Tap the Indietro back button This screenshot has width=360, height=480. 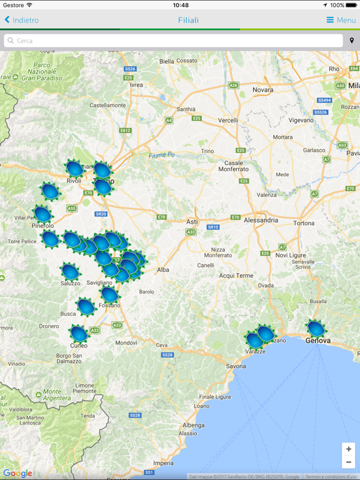21,20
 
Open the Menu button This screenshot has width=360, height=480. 341,20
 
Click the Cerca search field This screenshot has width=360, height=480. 174,41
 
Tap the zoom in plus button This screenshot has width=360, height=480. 349,449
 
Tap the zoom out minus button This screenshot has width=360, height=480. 349,462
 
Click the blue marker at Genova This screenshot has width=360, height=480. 316,328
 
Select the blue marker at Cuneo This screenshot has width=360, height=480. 78,333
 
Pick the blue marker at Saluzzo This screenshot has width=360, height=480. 70,271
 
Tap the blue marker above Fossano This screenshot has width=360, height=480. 109,294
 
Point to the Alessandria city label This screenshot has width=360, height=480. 261,220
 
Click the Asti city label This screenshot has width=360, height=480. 192,222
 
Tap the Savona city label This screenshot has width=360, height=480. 236,366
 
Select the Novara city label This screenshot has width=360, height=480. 262,90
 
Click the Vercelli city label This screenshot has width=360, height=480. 227,120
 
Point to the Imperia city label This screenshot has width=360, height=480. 163,463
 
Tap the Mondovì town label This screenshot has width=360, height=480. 126,342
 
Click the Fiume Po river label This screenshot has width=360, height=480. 161,155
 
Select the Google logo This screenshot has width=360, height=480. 17,474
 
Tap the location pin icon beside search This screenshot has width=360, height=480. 352,41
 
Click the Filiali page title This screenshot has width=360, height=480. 188,20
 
